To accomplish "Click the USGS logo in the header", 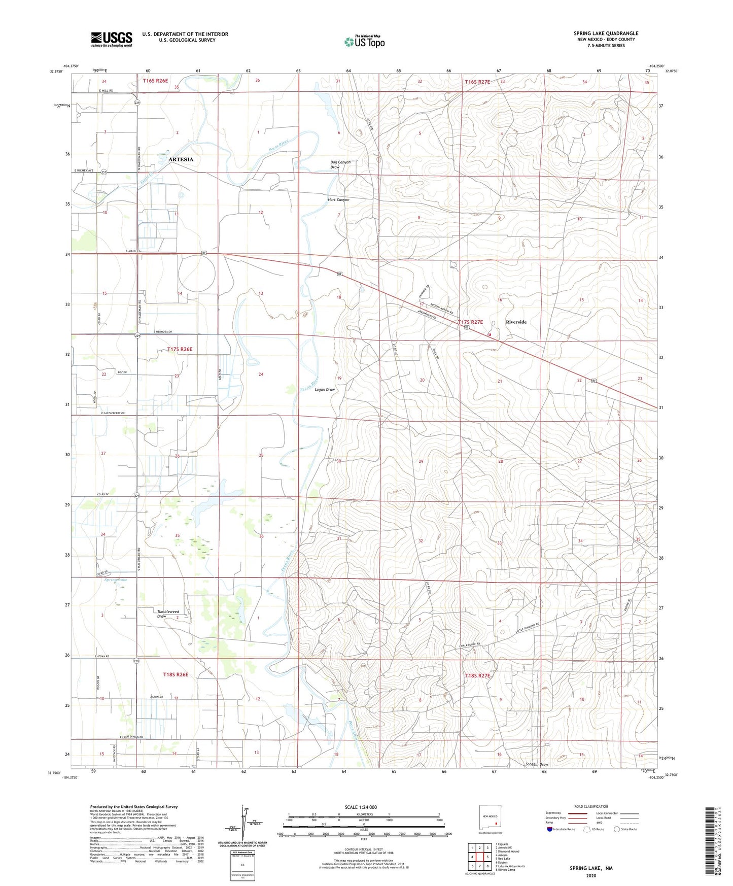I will pos(111,39).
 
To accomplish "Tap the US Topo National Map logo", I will pos(364,41).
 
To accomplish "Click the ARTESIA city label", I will pos(181,159).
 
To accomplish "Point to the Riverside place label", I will pos(516,322).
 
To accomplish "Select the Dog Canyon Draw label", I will pos(340,164).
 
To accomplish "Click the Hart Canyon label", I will pos(338,199).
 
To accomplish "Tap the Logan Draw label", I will pos(325,389).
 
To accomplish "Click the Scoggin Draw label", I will pos(537,764).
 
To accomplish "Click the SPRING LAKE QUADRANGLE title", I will pos(606,33).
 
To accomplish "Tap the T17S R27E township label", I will pos(470,322).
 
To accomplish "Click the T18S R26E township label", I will pos(176,674).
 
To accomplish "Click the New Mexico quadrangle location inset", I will pos(490,818).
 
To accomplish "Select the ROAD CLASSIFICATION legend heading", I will pos(591,806).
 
